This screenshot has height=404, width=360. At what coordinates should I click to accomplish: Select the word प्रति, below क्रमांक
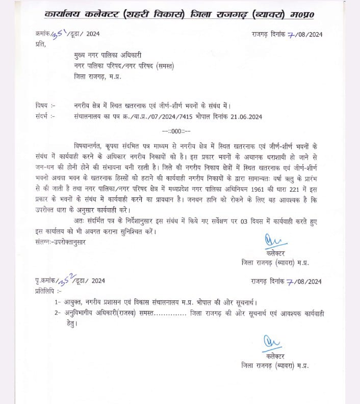pyautogui.click(x=41, y=44)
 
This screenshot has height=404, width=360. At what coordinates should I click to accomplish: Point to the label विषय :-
pyautogui.click(x=46, y=106)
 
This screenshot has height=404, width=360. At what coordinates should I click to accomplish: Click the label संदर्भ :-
pyautogui.click(x=46, y=116)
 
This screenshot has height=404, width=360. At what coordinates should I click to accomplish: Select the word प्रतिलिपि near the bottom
pyautogui.click(x=48, y=291)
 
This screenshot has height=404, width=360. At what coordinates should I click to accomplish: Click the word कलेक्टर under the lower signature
pyautogui.click(x=275, y=356)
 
